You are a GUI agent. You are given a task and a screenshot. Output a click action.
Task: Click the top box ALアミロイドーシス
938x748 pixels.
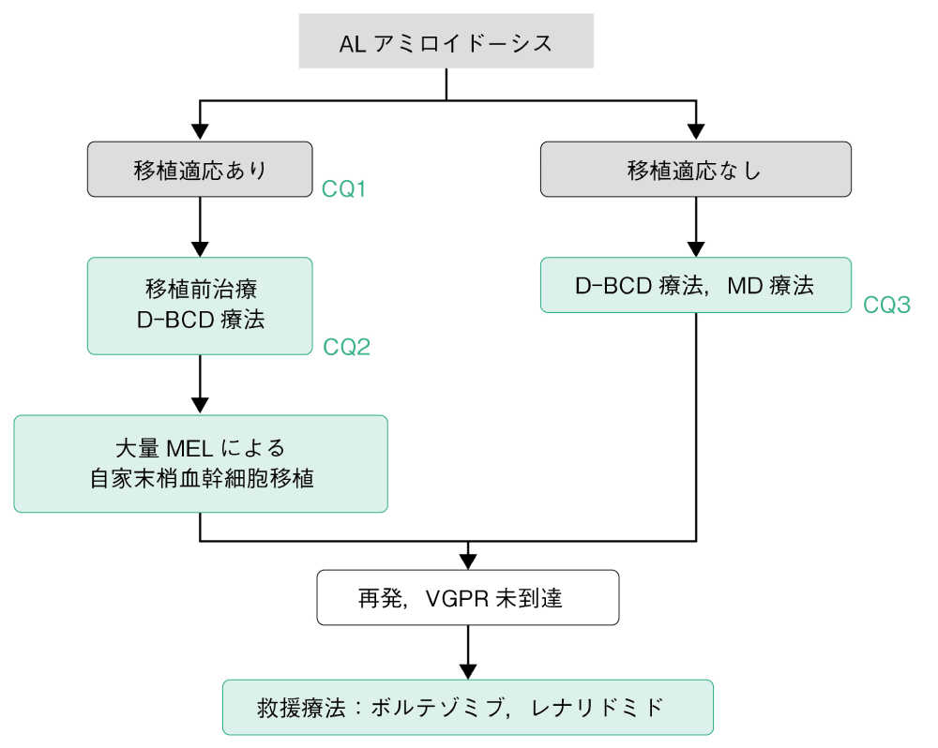tap(446, 42)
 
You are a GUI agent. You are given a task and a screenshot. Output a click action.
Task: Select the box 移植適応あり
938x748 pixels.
tap(200, 170)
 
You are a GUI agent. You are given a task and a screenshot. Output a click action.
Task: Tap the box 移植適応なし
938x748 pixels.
tap(695, 170)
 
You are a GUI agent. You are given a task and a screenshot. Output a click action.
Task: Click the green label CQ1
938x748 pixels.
tap(343, 190)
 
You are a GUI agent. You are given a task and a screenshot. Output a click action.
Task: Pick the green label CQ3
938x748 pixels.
tap(887, 306)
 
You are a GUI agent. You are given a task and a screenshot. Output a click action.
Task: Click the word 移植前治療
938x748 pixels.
tap(200, 288)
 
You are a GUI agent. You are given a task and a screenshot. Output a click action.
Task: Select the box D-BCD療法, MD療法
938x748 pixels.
tap(695, 285)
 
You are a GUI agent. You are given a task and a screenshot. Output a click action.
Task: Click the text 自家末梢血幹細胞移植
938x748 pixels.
tap(201, 480)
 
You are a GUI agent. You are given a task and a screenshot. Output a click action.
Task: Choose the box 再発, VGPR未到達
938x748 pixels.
tap(467, 598)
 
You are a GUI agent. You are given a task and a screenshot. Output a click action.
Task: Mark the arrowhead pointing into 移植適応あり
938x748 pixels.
tap(200, 133)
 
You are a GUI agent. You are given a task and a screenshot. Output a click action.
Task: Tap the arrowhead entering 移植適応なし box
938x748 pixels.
tap(695, 133)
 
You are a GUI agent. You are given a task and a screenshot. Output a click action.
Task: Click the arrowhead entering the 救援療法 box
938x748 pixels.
tap(467, 671)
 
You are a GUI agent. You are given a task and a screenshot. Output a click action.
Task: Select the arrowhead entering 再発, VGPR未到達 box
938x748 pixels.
tap(467, 561)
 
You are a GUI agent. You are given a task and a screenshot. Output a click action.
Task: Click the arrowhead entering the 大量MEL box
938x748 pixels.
tap(200, 406)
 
